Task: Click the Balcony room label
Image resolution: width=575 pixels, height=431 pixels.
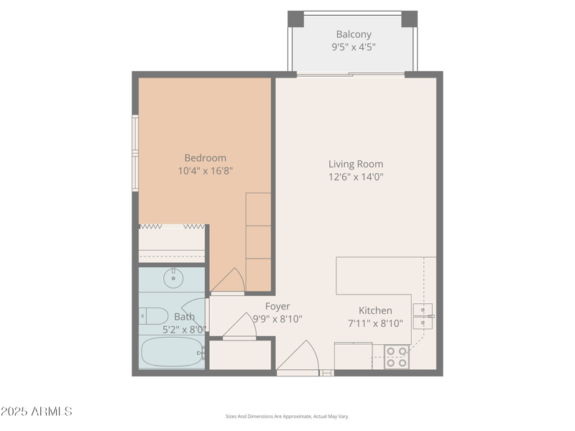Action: coord(354,34)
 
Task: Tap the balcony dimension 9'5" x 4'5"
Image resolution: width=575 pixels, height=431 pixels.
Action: coord(354,47)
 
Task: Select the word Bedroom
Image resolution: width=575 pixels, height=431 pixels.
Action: coord(205,158)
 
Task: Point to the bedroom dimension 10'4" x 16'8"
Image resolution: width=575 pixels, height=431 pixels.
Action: coord(205,171)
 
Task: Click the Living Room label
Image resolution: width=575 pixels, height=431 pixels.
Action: coord(356,164)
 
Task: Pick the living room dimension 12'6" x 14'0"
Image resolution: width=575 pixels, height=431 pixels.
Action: coord(356,177)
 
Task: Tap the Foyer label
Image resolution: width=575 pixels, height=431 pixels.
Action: coord(277,307)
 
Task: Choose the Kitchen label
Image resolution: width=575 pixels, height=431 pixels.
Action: coord(375,310)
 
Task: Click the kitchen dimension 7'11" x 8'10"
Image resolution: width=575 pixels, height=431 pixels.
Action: coord(375,323)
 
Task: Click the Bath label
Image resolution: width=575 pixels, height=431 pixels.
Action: coord(184,317)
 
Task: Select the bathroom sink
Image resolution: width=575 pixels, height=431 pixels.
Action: coord(172,277)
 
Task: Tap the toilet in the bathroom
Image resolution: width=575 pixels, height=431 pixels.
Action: coord(153,315)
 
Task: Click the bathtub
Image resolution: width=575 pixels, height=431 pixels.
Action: coord(172,352)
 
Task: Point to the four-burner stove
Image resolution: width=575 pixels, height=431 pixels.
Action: coord(396,357)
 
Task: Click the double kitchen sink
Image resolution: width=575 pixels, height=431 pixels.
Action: coord(423,316)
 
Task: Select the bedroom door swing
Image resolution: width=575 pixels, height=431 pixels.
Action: coord(229,281)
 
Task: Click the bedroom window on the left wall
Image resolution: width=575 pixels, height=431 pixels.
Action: coord(135,153)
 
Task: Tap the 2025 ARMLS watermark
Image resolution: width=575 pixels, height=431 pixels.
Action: coord(36,412)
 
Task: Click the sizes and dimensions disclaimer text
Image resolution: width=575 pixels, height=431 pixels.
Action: coord(287,416)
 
